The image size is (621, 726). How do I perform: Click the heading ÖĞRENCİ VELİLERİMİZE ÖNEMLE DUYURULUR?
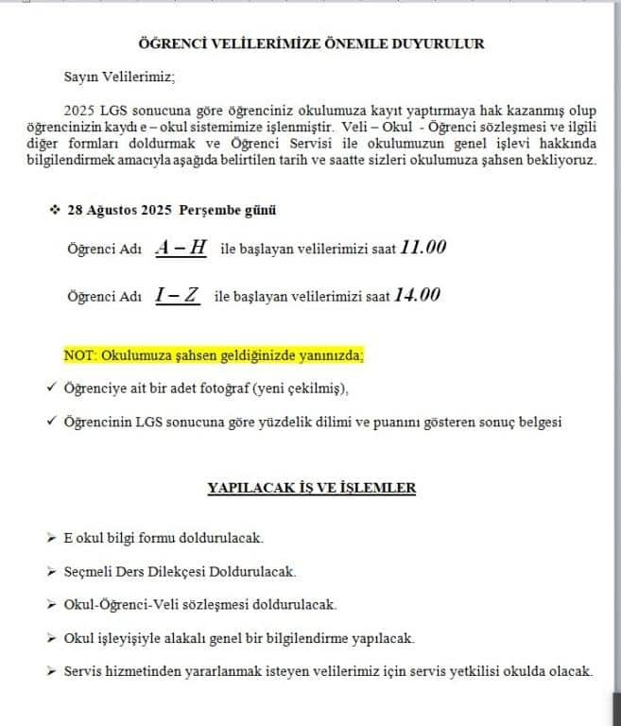[x=312, y=43]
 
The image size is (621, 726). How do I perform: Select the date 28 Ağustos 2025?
[x=116, y=209]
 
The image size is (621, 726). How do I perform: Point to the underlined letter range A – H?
[x=181, y=248]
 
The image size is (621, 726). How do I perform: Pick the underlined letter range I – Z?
[x=179, y=295]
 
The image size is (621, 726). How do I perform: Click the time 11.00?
[x=423, y=247]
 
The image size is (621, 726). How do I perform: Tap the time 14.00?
[x=417, y=295]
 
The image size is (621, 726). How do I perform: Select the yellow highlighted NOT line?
[x=214, y=355]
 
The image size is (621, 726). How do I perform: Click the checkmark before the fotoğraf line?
[x=50, y=388]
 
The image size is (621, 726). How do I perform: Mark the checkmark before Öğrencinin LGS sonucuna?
[x=50, y=422]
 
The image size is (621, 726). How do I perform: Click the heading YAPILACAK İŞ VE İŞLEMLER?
[x=312, y=488]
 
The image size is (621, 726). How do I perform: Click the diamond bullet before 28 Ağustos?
[x=54, y=209]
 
